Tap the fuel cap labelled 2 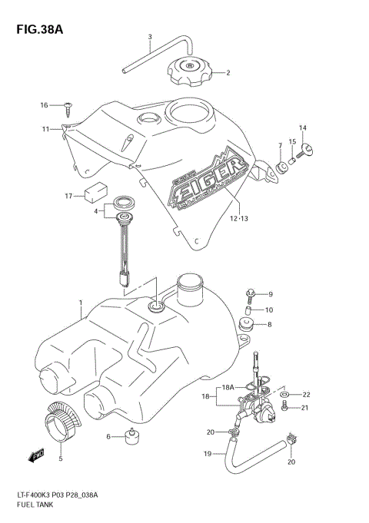coord(188,74)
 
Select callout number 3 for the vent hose coord(150,37)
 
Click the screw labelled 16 coord(69,107)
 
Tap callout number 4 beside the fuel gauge coord(96,210)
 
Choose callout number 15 coord(292,141)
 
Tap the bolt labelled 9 coord(252,293)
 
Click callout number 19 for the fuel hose coord(207,455)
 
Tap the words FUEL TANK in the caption coord(30,508)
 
